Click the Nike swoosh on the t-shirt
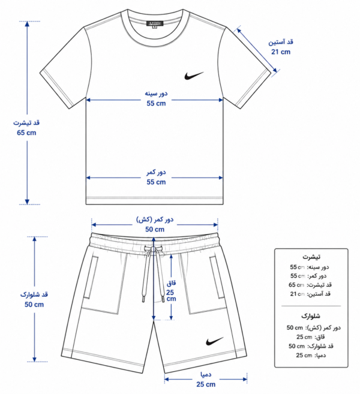pos(193,76)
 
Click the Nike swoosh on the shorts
pos(214,341)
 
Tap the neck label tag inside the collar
pos(155,24)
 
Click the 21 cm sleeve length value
pos(281,52)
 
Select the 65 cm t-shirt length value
pos(26,133)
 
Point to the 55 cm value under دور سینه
pos(156,103)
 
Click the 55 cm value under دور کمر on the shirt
pos(156,182)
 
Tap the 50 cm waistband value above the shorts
pos(155,229)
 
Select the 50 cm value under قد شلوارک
pos(34,305)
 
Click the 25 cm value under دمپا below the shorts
pos(206,384)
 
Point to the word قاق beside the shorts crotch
pos(171,283)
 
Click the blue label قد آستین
pos(281,42)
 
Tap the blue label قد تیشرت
pos(26,123)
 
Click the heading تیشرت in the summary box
pos(311,257)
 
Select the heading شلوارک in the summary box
pos(311,316)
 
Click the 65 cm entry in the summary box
pos(296,285)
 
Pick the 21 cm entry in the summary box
pos(298,294)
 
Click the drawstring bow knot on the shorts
pos(154,249)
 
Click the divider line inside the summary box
pos(311,306)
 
